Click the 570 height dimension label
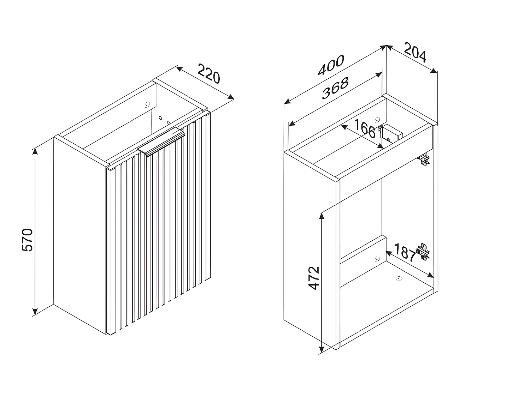click(28, 240)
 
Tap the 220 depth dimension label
click(208, 73)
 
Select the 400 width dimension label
click(331, 66)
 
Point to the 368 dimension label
click(335, 88)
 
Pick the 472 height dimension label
click(314, 278)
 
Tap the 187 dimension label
click(404, 252)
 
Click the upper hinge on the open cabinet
click(424, 160)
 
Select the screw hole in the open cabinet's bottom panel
click(399, 278)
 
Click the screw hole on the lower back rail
click(377, 258)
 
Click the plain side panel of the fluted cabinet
click(79, 233)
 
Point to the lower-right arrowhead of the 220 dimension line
click(231, 97)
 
